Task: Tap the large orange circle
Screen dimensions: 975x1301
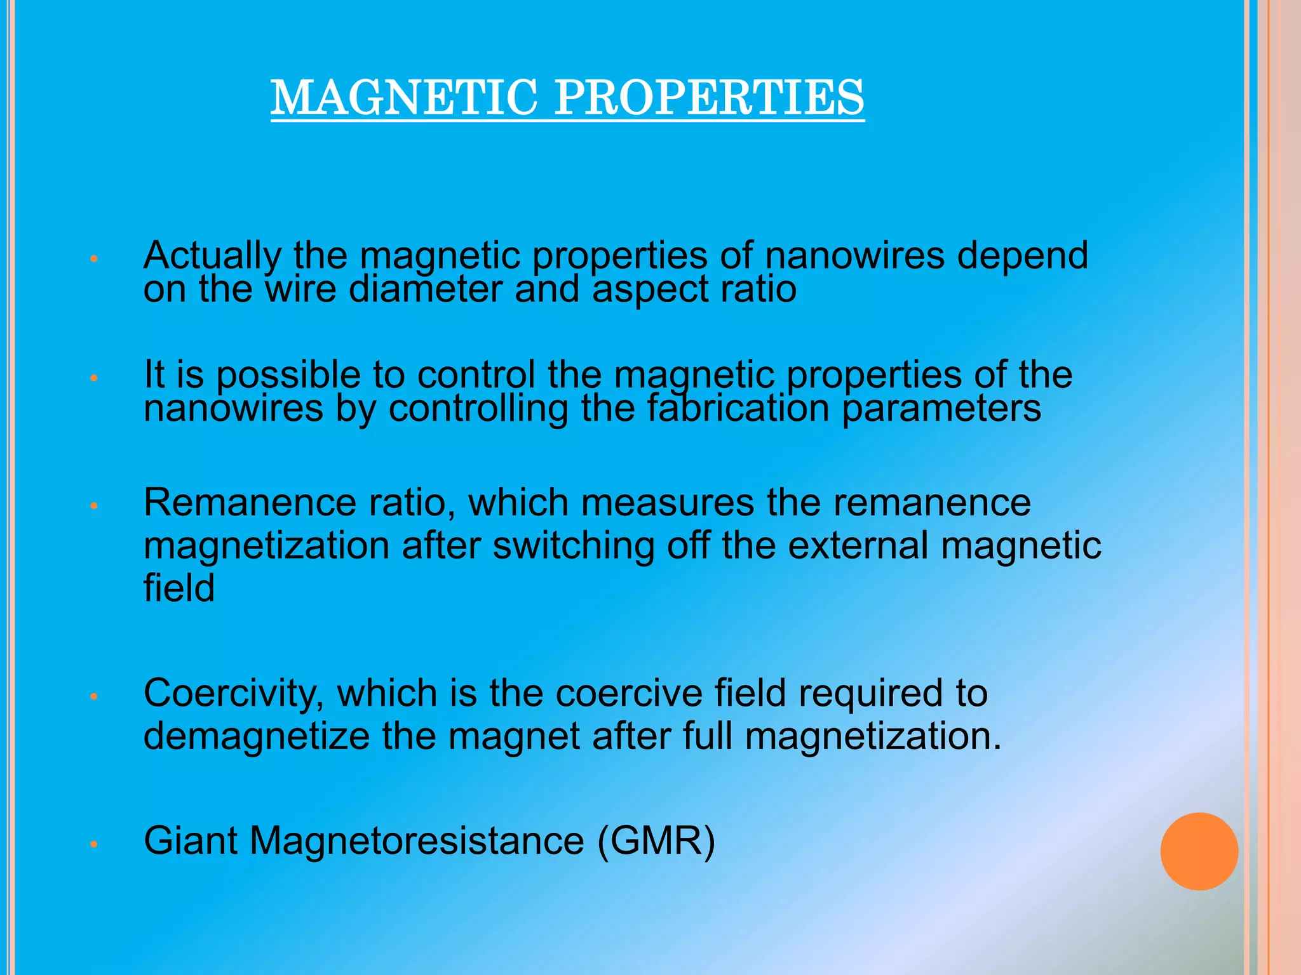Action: [x=1199, y=851]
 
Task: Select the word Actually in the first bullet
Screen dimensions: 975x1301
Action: [x=212, y=256]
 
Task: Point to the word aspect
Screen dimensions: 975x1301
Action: [x=650, y=291]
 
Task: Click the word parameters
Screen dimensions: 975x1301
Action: [x=941, y=409]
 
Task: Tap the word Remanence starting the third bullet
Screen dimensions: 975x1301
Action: [x=250, y=503]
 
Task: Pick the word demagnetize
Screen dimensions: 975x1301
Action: [x=257, y=737]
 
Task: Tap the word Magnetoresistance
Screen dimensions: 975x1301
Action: [x=417, y=841]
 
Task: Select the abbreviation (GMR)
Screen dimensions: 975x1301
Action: [x=656, y=842]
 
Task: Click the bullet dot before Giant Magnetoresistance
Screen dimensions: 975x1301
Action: [x=93, y=845]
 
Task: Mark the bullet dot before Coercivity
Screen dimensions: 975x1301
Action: [x=93, y=697]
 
